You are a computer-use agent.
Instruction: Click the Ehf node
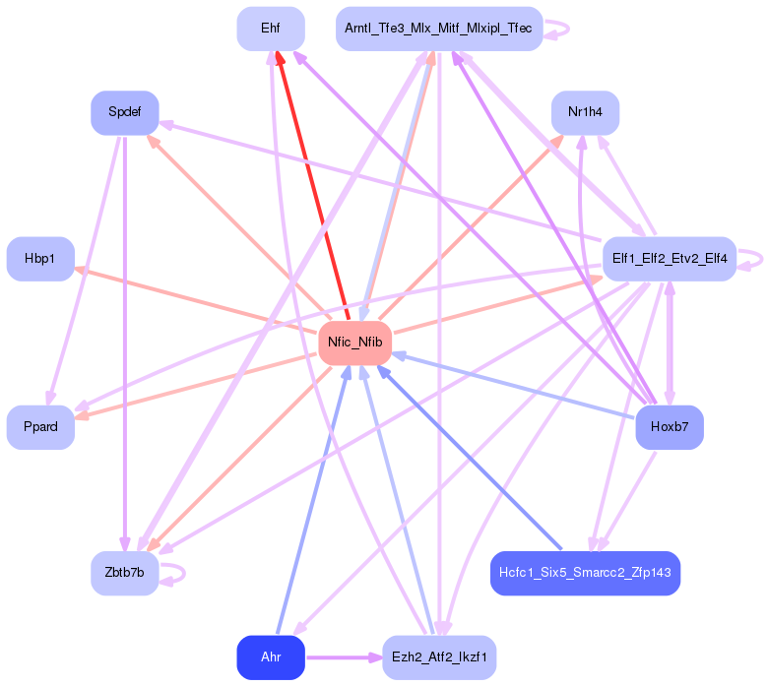click(270, 29)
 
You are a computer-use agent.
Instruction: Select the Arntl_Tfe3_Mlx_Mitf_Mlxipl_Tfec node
click(438, 29)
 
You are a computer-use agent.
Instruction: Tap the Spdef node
click(125, 112)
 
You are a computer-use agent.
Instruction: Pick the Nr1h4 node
click(585, 112)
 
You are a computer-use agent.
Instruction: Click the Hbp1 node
click(40, 259)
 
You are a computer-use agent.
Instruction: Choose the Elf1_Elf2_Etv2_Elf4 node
click(669, 259)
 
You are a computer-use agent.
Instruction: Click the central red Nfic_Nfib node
click(354, 343)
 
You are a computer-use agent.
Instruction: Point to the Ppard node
click(40, 427)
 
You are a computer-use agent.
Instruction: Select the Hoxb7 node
click(669, 427)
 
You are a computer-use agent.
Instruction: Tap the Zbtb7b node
click(125, 573)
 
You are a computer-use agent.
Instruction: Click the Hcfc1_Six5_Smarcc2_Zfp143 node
click(585, 573)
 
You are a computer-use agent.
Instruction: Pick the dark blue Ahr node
click(270, 657)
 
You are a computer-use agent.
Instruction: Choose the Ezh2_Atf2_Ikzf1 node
click(438, 657)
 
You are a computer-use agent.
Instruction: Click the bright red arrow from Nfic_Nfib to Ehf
click(313, 187)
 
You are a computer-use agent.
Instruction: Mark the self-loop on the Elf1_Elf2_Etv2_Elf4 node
click(755, 259)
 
